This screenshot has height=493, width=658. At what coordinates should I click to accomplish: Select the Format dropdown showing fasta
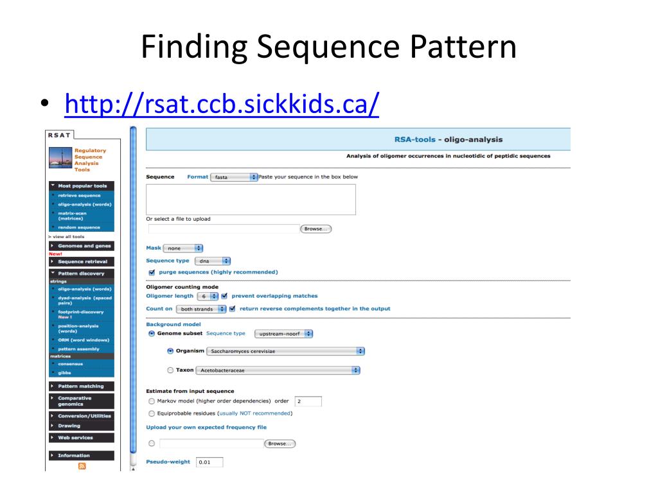(234, 177)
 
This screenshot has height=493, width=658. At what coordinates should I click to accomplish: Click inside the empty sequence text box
(251, 199)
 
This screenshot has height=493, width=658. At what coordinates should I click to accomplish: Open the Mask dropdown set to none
(182, 248)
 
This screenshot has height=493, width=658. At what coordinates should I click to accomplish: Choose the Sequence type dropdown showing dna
(212, 261)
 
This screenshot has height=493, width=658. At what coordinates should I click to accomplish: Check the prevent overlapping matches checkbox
(224, 296)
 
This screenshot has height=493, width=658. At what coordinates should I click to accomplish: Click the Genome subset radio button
(152, 334)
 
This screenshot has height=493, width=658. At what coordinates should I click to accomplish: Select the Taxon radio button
(170, 370)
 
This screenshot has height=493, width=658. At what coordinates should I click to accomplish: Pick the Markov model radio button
(152, 401)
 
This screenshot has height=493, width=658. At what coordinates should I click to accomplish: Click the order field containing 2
(308, 401)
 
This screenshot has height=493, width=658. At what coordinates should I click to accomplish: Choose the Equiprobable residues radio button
(152, 413)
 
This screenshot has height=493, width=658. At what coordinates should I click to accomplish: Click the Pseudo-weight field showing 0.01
(209, 462)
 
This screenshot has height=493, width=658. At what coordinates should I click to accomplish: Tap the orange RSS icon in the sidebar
(82, 467)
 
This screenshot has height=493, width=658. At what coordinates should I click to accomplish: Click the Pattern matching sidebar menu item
(81, 386)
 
